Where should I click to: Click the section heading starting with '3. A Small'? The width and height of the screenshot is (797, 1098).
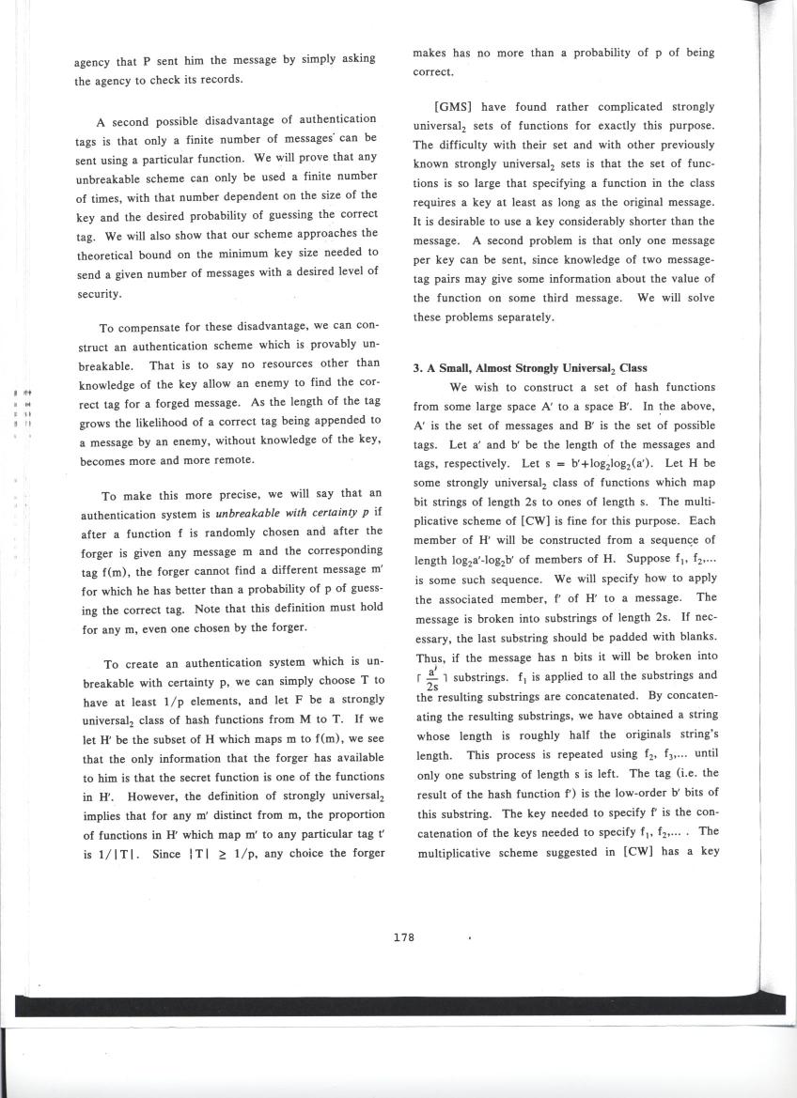(521, 367)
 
